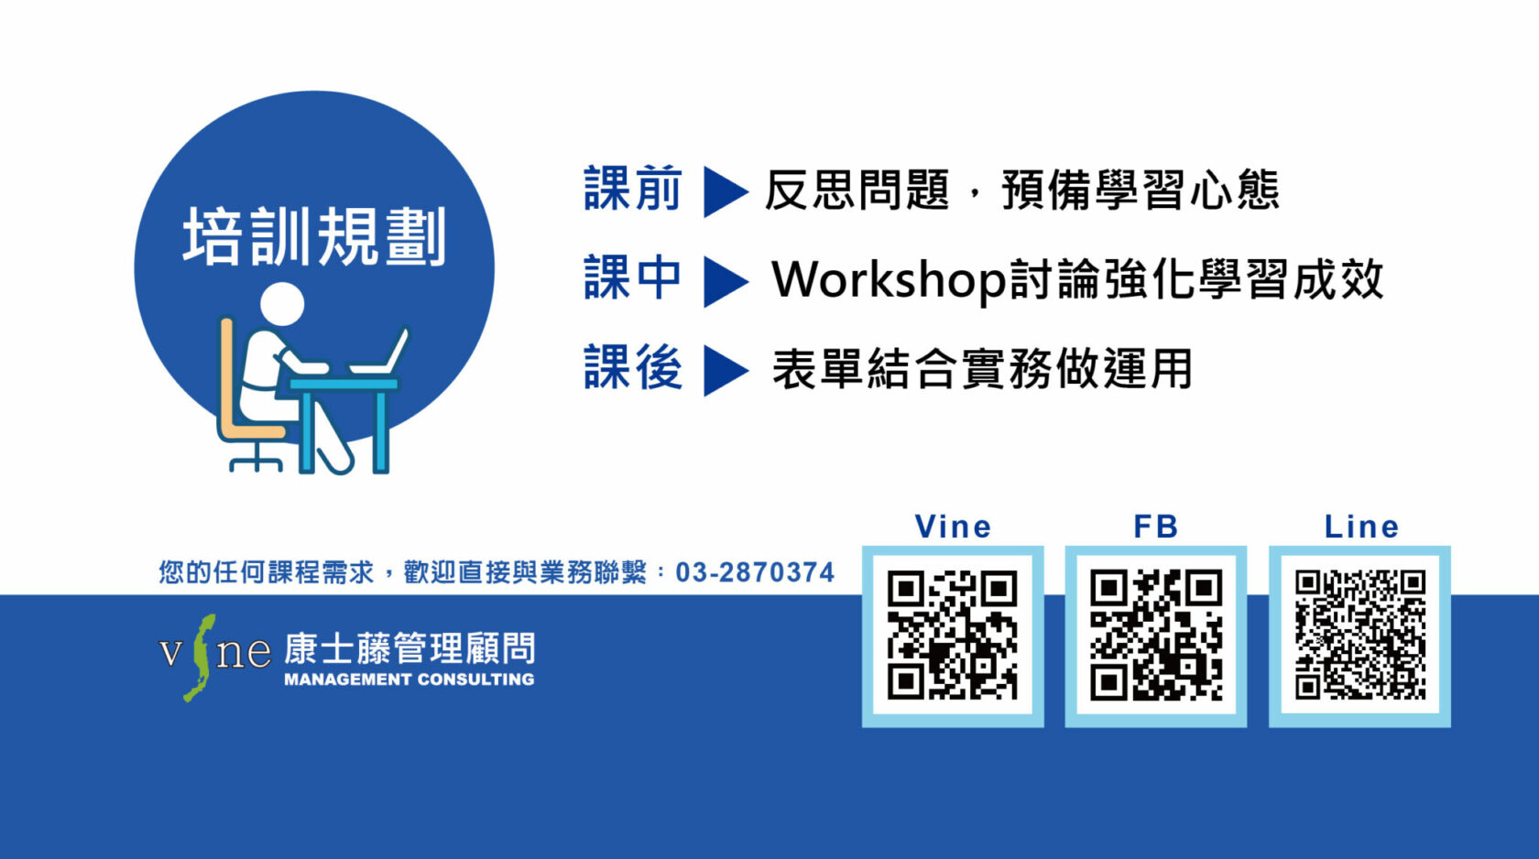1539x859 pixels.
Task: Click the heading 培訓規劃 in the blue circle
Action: tap(315, 236)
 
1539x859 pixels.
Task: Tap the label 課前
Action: tap(633, 189)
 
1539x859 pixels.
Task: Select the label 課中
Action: tap(633, 278)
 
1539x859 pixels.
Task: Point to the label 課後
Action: tap(633, 368)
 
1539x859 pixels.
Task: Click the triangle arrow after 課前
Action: tap(725, 191)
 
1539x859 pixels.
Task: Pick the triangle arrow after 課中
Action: tap(725, 281)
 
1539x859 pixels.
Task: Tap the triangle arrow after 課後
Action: tap(725, 371)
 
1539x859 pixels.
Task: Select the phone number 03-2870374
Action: tap(755, 572)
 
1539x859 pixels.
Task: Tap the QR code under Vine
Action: tap(953, 636)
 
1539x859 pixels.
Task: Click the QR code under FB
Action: tap(1156, 636)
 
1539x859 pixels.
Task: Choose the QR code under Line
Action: tap(1359, 636)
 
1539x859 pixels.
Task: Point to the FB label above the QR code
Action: tap(1156, 527)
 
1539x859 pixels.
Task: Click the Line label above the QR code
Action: tap(1361, 527)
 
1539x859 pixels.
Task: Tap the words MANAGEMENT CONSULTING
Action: tap(409, 680)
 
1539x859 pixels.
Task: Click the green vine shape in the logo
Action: tap(200, 658)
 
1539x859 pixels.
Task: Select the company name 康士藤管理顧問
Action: tap(409, 649)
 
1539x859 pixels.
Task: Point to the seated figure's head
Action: tap(282, 303)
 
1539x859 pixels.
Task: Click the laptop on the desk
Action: tap(380, 353)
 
